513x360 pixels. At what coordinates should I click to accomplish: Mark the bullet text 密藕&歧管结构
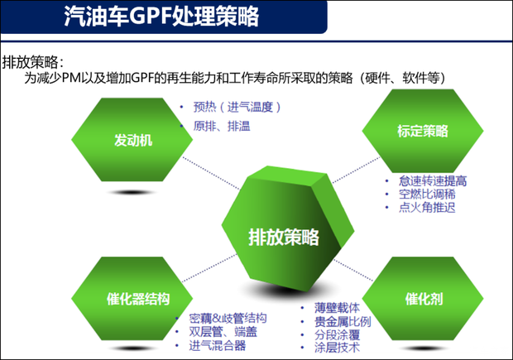click(228, 319)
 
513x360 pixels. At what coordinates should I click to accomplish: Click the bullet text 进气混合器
click(217, 346)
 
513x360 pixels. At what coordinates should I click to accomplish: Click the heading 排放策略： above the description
click(32, 62)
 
